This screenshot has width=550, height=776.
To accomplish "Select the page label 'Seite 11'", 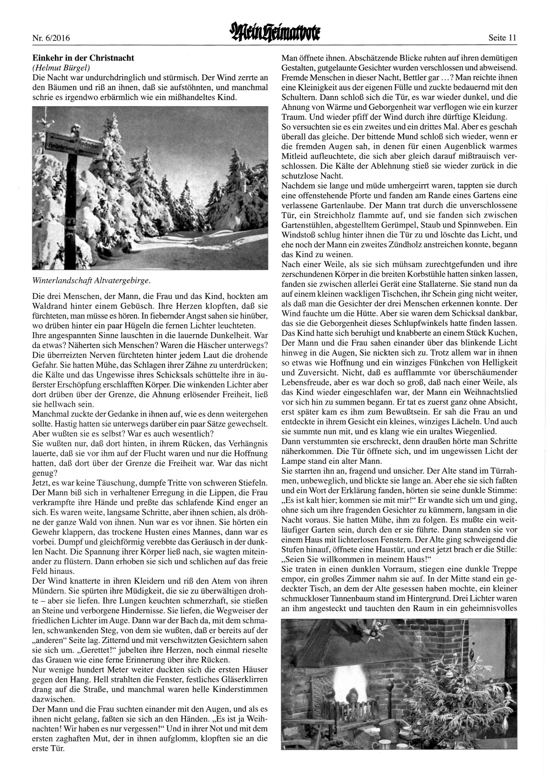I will (502, 38).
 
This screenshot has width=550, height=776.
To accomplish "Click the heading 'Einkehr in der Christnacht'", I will (84, 57).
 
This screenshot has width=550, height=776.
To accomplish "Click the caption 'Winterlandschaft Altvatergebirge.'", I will (92, 280).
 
